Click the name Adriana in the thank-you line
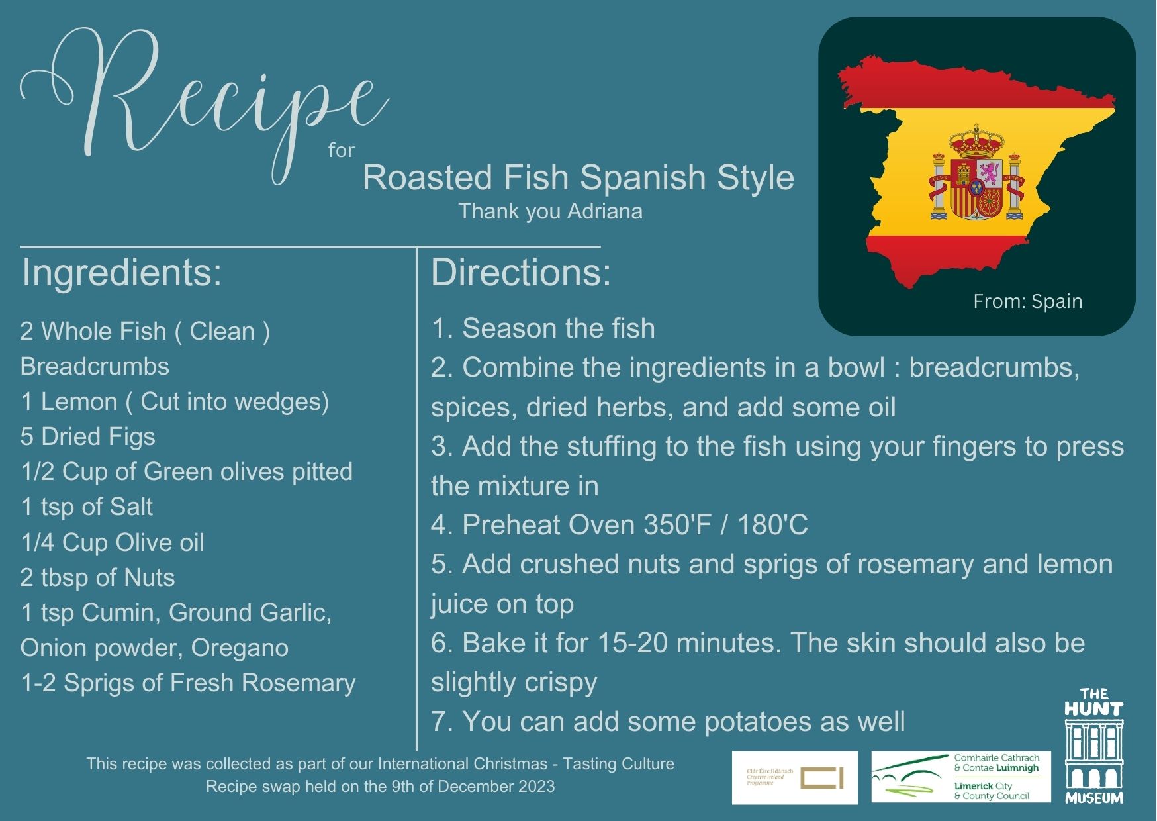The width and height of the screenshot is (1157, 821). tap(605, 211)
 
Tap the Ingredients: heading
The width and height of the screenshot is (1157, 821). tap(122, 273)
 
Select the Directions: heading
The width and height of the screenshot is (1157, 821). tap(521, 273)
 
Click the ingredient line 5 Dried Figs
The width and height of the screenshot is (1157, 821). tap(88, 437)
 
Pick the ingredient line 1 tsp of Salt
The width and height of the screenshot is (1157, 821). tap(87, 507)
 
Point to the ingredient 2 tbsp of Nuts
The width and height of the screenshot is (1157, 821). tap(98, 578)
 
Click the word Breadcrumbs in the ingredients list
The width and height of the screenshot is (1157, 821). tap(95, 367)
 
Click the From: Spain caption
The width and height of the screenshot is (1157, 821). tap(1027, 301)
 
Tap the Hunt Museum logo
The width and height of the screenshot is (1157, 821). tap(1093, 746)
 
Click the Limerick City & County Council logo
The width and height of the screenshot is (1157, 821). tap(961, 778)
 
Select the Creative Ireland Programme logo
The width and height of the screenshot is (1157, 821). tap(794, 778)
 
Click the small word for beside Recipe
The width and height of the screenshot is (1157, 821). tap(342, 151)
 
